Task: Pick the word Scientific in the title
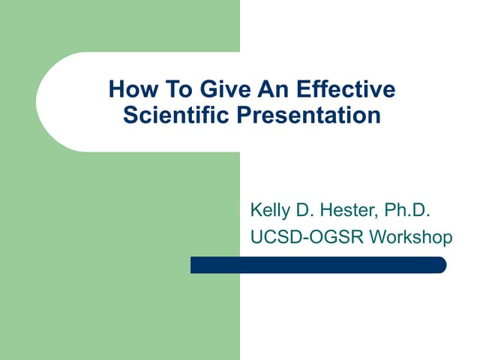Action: pyautogui.click(x=176, y=116)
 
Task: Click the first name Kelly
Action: pyautogui.click(x=271, y=211)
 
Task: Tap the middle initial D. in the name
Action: pyautogui.click(x=308, y=211)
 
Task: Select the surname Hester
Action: pyautogui.click(x=352, y=211)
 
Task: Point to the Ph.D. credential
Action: pyautogui.click(x=409, y=211)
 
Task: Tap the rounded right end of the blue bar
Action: pyautogui.click(x=441, y=265)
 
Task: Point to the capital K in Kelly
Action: pyautogui.click(x=255, y=211)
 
